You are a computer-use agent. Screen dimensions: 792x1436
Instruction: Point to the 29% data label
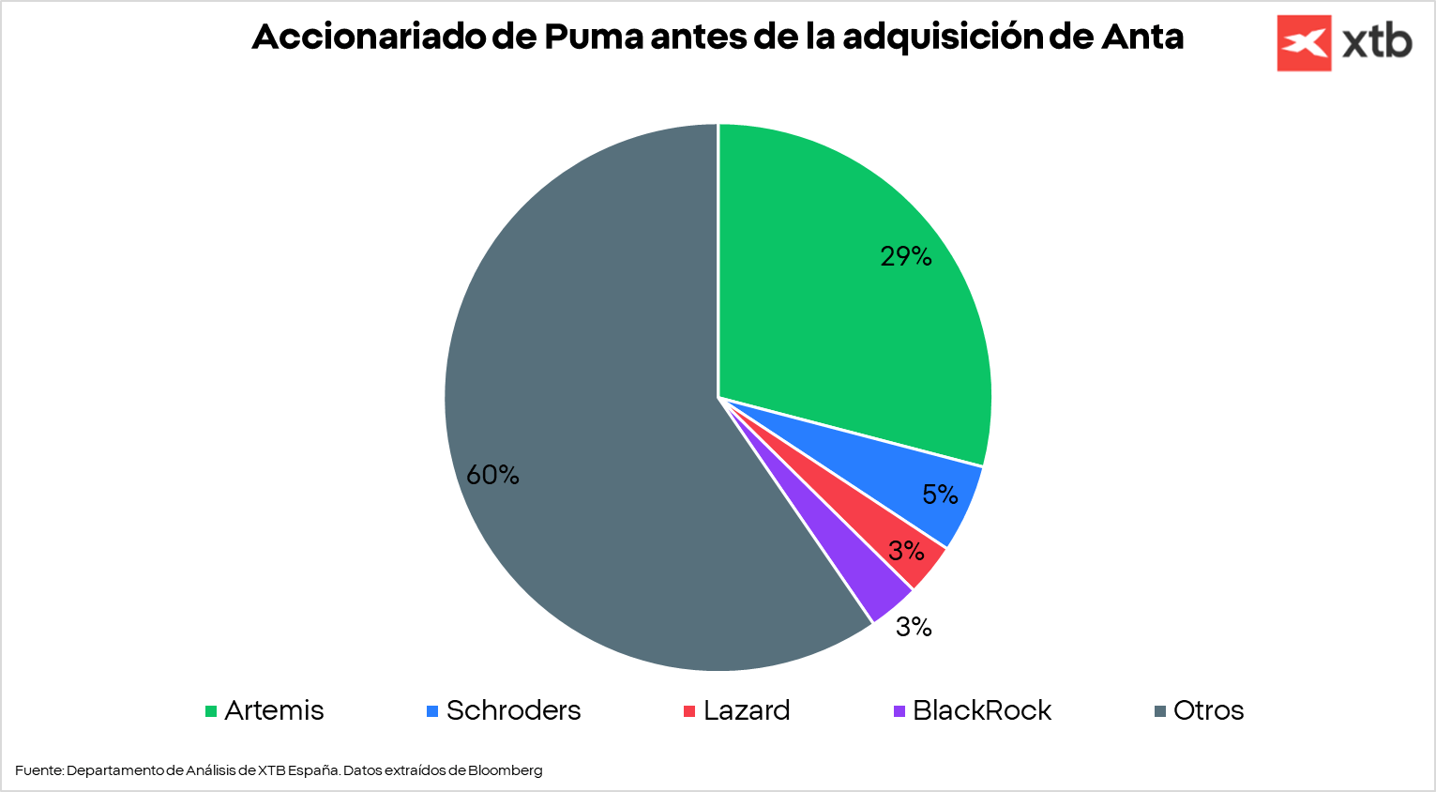(x=905, y=256)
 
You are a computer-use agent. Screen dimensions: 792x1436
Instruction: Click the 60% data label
(x=492, y=475)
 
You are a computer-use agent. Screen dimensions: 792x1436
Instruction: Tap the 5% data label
(x=940, y=495)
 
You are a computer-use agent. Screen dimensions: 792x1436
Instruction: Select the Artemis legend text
(x=274, y=710)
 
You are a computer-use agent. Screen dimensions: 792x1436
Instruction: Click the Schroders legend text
(x=513, y=710)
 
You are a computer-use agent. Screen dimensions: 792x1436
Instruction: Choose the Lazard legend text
(x=747, y=710)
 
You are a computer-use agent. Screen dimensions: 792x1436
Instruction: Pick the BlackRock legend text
(x=982, y=710)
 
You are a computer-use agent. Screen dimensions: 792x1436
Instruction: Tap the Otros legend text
(x=1208, y=710)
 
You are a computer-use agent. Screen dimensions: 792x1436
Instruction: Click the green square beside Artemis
(x=211, y=711)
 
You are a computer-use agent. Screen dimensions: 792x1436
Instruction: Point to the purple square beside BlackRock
(x=899, y=711)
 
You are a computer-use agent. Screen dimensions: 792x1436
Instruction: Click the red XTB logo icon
(x=1304, y=43)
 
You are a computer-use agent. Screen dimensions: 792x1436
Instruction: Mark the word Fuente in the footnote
(x=38, y=770)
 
